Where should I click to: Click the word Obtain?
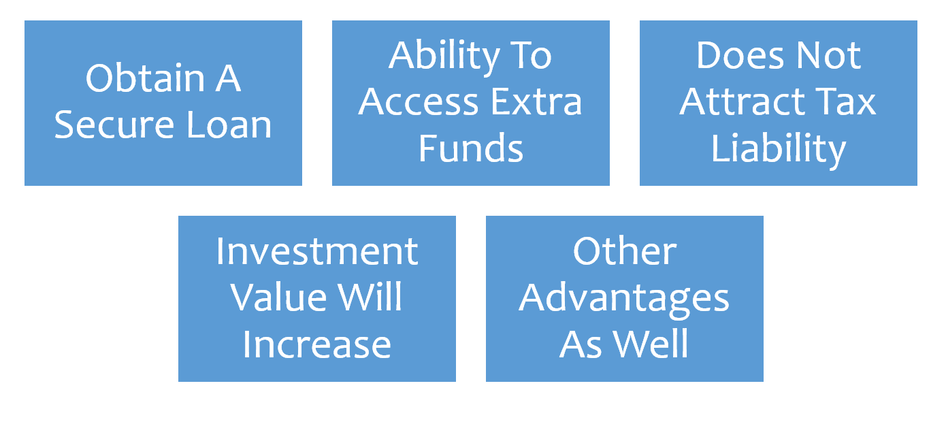(145, 78)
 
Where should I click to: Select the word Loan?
(229, 125)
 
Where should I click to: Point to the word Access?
(418, 102)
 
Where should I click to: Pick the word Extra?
(536, 102)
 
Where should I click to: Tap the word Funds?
(471, 148)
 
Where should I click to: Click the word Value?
(278, 297)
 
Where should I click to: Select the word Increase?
(317, 344)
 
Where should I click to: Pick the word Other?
(625, 251)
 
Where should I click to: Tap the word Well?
(651, 344)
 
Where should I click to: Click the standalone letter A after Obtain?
(228, 78)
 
